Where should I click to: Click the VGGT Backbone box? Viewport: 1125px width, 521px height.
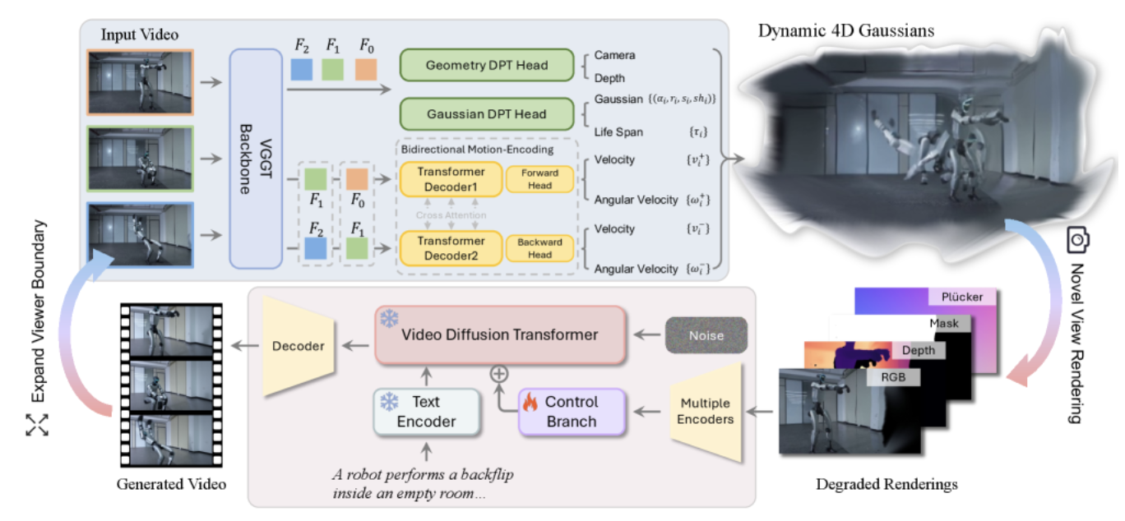point(255,159)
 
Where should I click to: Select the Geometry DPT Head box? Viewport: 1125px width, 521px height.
point(486,65)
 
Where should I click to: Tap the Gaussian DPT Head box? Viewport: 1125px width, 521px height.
point(486,113)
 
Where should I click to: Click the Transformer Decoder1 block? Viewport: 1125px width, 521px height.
point(450,178)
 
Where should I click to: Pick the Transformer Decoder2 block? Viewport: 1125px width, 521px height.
point(450,247)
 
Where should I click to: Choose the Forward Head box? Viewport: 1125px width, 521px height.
point(539,178)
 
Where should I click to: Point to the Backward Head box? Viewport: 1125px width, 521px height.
point(539,247)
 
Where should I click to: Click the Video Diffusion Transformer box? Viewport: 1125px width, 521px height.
point(499,334)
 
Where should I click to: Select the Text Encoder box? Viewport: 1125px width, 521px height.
point(425,411)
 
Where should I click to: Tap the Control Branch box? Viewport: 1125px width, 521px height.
point(572,412)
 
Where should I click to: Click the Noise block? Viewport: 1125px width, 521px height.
point(706,335)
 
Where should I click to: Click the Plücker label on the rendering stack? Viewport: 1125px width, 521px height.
point(963,297)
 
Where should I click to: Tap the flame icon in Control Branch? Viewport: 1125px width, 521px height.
point(530,403)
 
